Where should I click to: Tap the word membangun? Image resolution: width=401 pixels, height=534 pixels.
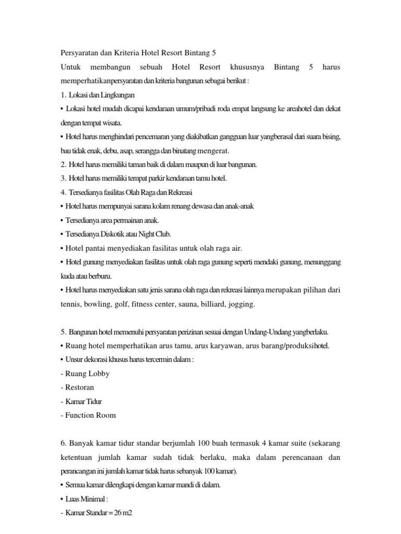[110, 67]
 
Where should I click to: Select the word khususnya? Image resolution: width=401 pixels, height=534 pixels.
[246, 67]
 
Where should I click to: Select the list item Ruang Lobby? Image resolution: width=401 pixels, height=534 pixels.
[85, 373]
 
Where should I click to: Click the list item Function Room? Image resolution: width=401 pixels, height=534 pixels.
[88, 415]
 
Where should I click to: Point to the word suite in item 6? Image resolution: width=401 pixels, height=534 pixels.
[298, 443]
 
